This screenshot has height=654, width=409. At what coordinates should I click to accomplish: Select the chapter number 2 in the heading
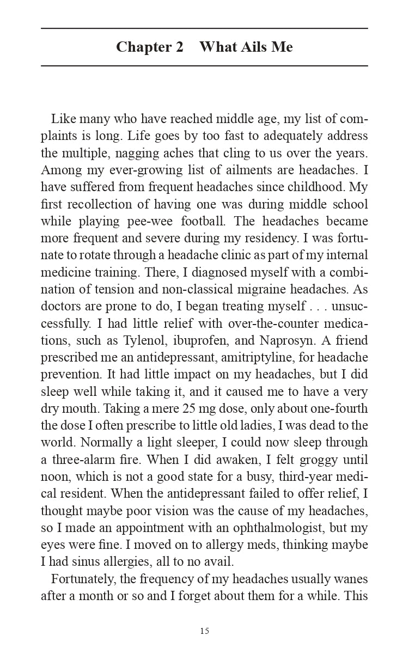point(179,47)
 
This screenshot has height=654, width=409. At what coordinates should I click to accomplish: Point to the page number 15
point(204,631)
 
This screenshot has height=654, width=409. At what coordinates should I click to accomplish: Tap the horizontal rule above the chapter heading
point(204,28)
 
